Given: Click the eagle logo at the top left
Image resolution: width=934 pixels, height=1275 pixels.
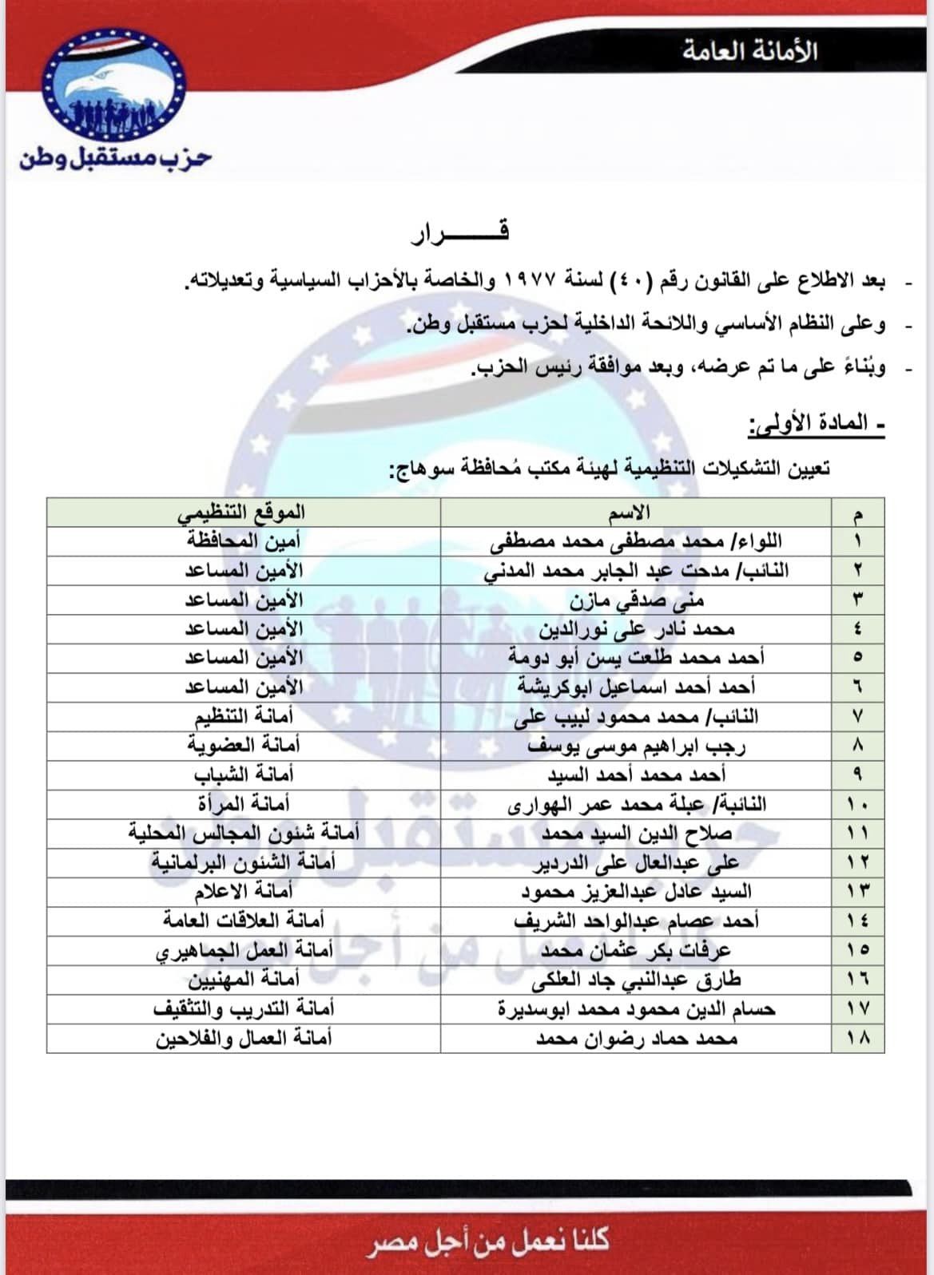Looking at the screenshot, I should (x=114, y=84).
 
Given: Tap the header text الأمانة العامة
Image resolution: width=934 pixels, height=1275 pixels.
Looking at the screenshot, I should (x=749, y=51).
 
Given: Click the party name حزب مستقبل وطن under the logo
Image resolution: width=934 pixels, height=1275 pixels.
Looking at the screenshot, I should (x=115, y=156).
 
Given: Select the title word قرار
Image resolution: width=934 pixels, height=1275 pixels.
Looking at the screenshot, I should (x=460, y=232).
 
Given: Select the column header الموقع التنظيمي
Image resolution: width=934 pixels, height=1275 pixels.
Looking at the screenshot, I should (x=241, y=512).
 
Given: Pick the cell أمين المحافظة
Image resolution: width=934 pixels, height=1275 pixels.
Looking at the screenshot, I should (x=244, y=541).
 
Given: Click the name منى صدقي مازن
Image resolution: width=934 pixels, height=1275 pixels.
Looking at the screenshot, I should (x=637, y=600).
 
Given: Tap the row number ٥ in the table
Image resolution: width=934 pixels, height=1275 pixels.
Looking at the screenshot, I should (x=858, y=658).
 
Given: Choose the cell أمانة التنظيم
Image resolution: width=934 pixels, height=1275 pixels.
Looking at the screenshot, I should (x=244, y=716).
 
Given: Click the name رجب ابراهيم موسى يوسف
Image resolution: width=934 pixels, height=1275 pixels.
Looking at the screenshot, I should (x=637, y=746).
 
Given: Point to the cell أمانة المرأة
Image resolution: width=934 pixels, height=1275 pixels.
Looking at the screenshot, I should (x=244, y=804).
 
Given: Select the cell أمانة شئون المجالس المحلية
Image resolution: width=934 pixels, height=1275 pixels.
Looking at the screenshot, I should (x=244, y=834).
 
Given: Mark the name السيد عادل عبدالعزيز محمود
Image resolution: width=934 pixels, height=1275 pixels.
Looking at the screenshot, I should (x=637, y=892).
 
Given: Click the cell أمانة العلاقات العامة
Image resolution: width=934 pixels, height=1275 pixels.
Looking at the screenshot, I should (x=244, y=921).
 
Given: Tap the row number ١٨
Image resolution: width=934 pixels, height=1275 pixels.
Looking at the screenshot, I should (x=858, y=1038).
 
